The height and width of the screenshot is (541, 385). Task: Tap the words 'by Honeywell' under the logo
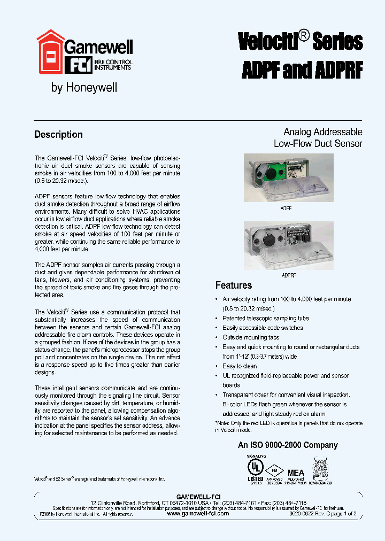pos(84,88)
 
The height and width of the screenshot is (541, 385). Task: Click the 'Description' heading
pos(58,135)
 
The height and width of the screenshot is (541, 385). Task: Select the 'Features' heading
pos(233,285)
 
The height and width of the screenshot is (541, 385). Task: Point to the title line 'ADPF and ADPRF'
pos(302,69)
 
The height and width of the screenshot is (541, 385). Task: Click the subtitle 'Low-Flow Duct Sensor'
pos(318,143)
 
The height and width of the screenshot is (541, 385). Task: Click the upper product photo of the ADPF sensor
pos(288,178)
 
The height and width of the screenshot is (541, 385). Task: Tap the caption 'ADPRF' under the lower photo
pos(288,275)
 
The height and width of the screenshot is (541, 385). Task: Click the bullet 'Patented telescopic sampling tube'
pos(266,318)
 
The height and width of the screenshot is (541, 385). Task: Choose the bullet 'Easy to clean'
pos(240,366)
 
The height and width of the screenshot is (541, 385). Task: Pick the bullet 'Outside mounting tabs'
pos(251,337)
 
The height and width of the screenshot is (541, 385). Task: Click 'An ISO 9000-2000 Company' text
pos(288,445)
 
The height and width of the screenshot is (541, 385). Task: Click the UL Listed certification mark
pos(255,467)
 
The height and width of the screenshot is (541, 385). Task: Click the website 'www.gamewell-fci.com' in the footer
pos(197,513)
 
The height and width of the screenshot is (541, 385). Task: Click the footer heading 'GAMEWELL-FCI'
pos(198,497)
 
